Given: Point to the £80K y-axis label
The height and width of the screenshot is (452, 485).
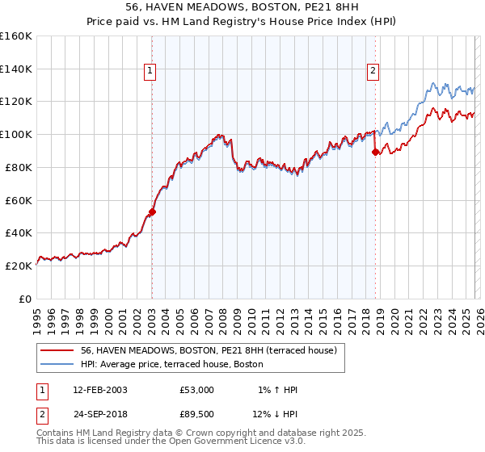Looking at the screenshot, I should [19, 167].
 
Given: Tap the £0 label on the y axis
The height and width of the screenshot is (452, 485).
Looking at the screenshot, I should [25, 299].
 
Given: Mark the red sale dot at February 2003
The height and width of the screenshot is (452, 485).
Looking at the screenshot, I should [152, 211].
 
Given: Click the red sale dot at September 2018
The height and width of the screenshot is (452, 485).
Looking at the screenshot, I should [375, 152].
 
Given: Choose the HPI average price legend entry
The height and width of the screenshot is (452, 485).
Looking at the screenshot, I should [171, 364].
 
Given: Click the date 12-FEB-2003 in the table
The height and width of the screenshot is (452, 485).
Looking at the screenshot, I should [99, 390].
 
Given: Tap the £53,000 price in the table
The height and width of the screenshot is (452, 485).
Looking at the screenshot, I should [197, 390].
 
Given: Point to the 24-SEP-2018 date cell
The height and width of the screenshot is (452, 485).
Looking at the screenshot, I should [99, 416].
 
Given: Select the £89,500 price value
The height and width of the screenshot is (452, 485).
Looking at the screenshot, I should [197, 416].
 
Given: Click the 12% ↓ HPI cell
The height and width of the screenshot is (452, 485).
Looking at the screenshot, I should [274, 416].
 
